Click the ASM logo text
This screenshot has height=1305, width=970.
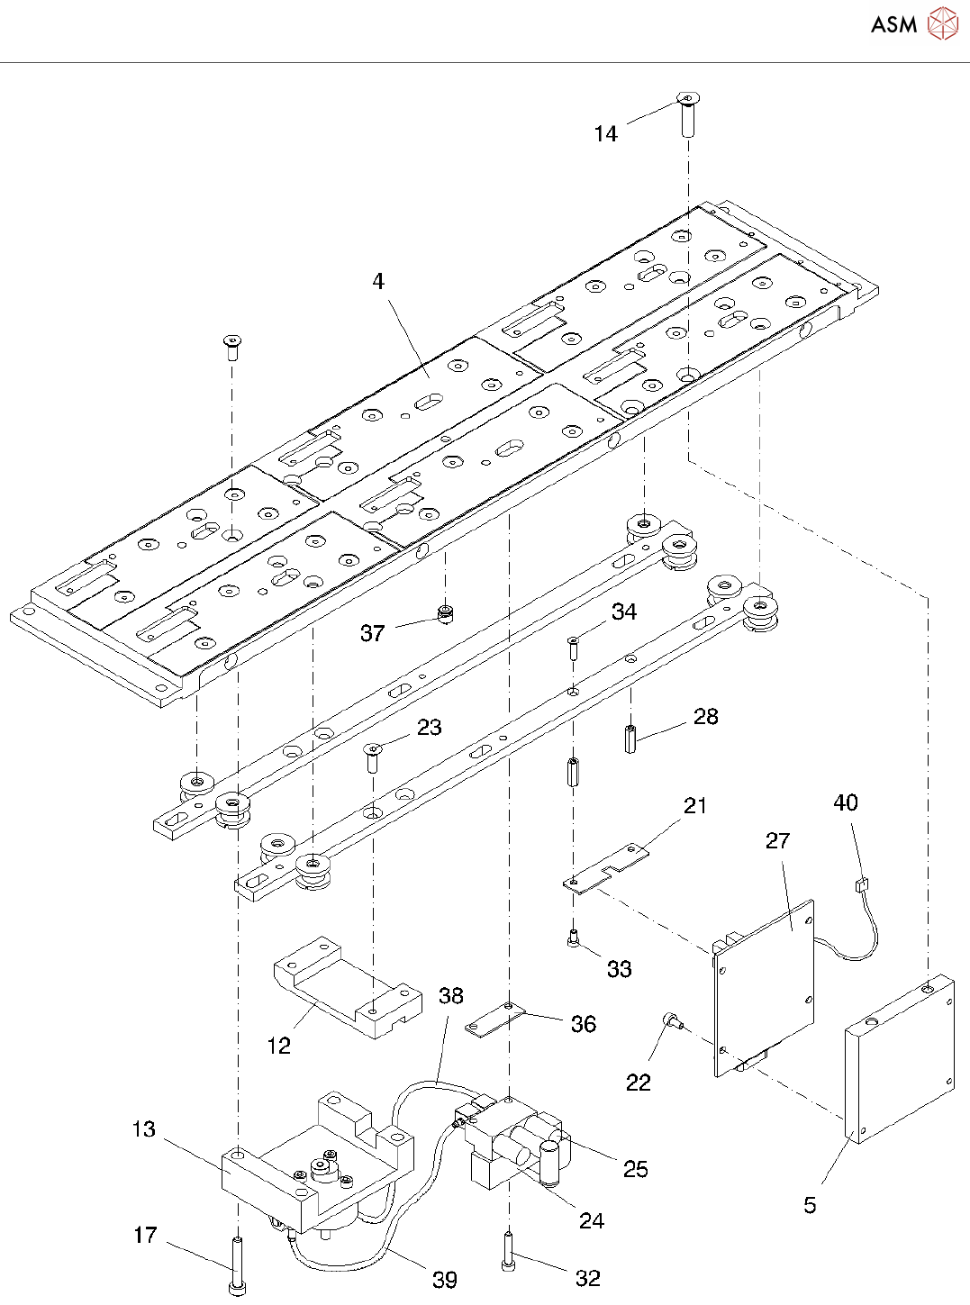[893, 25]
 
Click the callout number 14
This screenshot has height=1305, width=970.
[606, 134]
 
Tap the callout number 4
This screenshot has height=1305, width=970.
[378, 281]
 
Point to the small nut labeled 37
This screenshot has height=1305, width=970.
[444, 614]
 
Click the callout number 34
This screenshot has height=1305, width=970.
[624, 612]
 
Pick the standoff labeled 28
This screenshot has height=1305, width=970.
[630, 738]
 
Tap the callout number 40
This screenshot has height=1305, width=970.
[846, 802]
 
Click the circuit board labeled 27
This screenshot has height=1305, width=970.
[765, 985]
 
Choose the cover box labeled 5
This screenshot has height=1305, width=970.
[899, 1059]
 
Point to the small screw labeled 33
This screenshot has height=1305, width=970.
[573, 939]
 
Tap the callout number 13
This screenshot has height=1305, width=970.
[144, 1129]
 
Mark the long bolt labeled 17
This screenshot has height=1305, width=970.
[237, 1266]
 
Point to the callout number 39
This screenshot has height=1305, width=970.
[445, 1279]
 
